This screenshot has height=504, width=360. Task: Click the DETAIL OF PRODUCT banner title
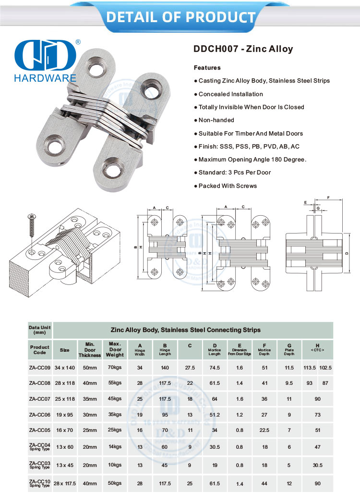click(180, 18)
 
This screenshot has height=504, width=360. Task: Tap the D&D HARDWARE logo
click(46, 61)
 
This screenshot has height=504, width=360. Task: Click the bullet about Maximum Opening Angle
click(250, 160)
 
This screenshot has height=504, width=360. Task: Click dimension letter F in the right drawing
click(328, 197)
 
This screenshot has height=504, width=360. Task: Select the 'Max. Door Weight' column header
click(115, 349)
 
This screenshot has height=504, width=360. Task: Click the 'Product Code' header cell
click(39, 349)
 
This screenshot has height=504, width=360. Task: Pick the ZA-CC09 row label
click(39, 368)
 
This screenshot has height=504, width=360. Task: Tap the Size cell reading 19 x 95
click(64, 415)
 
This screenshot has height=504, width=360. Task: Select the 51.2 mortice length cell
click(215, 415)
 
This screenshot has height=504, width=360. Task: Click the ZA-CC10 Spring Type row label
click(39, 483)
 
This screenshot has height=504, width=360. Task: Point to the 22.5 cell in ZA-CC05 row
click(264, 430)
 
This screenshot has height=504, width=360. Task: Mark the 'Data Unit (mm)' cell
click(39, 330)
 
